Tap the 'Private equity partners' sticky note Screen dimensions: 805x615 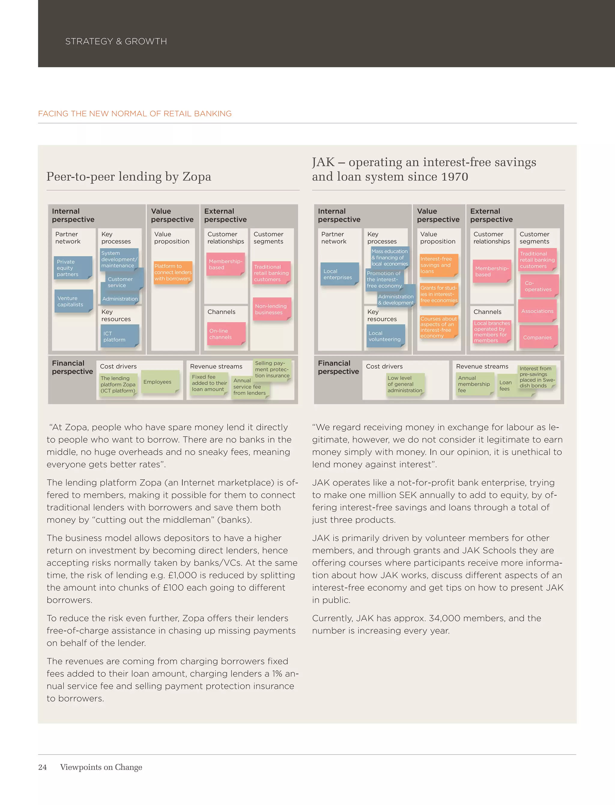coord(72,268)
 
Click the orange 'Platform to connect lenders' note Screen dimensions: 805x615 coord(173,272)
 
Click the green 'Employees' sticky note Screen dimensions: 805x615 coord(160,382)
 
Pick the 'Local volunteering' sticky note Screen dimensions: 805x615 coord(386,336)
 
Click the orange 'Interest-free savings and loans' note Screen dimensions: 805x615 coord(438,265)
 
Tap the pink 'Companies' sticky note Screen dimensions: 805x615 coord(538,337)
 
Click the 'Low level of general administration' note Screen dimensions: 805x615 coord(405,384)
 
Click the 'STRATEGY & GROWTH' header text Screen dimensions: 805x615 coord(116,41)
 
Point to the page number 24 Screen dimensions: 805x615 coord(42,767)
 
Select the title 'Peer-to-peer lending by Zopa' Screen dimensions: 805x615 coord(129,177)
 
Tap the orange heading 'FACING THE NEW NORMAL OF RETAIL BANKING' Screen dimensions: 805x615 coord(135,114)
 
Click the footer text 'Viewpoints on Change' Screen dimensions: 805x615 coord(101,767)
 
